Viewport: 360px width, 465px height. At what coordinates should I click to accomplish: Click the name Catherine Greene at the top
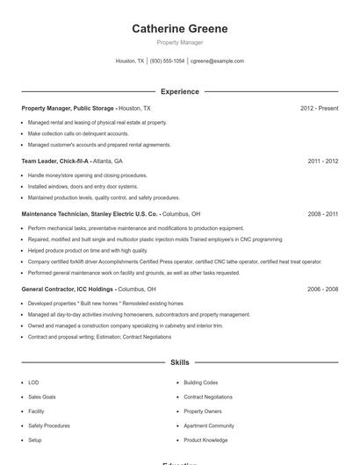point(179,29)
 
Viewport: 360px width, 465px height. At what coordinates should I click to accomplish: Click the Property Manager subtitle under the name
point(179,42)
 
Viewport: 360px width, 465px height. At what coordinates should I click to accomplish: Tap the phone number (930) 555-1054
point(167,61)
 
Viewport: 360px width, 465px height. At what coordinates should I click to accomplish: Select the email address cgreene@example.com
point(217,61)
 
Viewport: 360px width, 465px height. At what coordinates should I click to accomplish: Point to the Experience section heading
point(179,91)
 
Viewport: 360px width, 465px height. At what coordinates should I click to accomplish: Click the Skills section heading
point(179,361)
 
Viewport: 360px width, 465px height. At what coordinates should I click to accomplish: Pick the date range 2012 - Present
point(319,108)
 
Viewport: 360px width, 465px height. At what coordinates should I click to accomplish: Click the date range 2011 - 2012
point(322,161)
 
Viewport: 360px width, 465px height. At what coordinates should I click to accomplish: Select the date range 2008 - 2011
point(322,214)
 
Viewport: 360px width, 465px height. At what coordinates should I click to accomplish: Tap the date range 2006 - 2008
point(322,289)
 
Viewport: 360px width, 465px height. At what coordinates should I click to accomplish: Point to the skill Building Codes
point(200,383)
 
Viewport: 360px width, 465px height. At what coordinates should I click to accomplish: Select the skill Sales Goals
point(41,397)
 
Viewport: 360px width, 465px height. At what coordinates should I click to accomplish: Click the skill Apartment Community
point(209,426)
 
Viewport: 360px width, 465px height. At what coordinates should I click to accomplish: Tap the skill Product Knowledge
point(207,440)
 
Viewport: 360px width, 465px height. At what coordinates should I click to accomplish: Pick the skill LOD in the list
point(33,383)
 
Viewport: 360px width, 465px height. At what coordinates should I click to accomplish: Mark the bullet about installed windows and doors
point(83,186)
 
